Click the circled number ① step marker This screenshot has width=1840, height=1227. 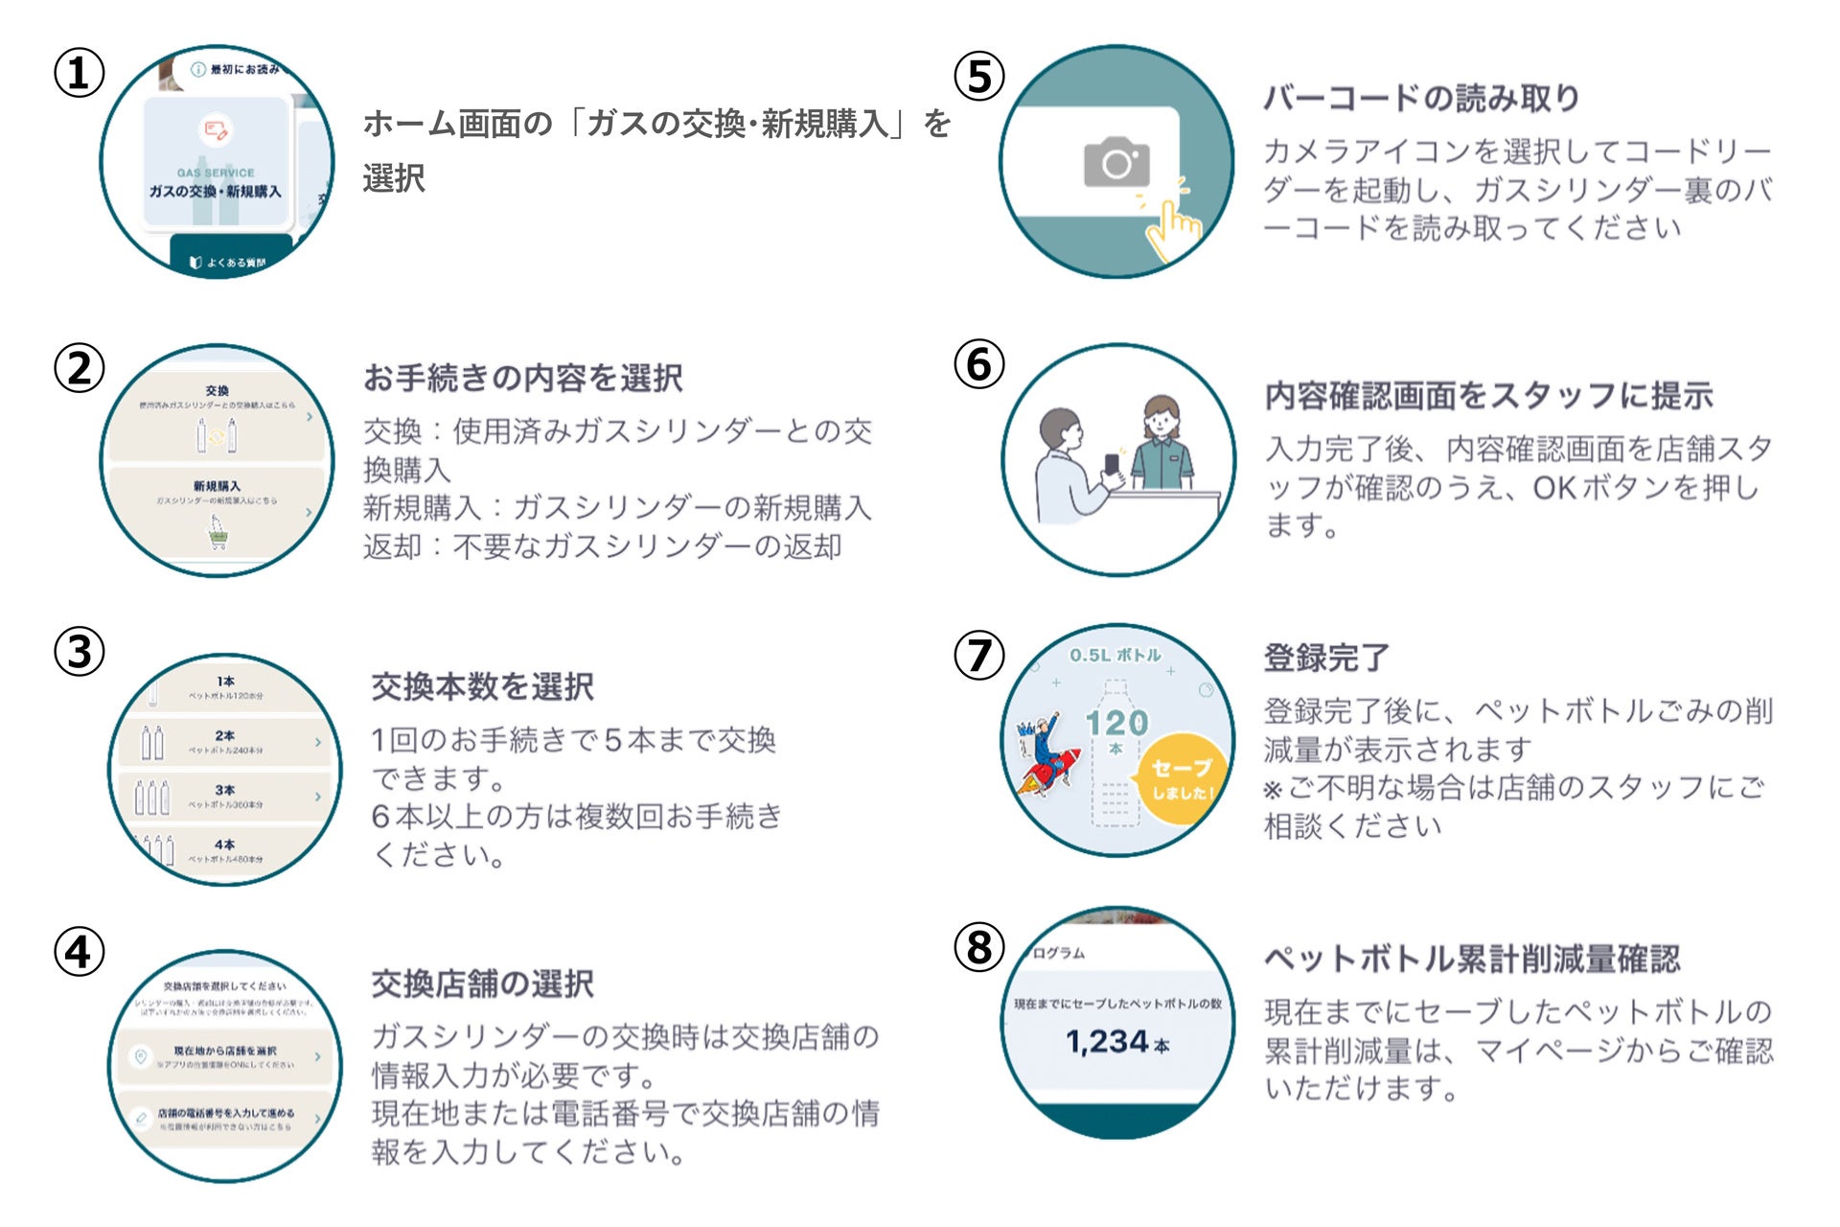coord(79,74)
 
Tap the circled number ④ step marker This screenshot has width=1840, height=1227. coord(79,952)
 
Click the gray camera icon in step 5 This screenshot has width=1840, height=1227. coord(1116,162)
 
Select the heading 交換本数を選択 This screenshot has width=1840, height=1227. coord(482,686)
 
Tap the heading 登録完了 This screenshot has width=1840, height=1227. coord(1326,658)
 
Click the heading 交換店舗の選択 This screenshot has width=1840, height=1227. coord(482,984)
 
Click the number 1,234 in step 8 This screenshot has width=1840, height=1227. coord(1107,1041)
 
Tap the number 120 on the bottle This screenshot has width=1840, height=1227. coord(1116,723)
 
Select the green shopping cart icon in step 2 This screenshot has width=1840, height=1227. coord(218,532)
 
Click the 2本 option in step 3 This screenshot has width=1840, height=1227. coord(225,736)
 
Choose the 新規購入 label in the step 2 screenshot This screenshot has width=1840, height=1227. coord(217,486)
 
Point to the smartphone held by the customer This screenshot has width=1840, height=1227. coord(1112,465)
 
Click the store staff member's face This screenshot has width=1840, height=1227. coord(1161,419)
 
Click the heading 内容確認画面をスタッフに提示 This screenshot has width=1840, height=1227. coord(1488,395)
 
